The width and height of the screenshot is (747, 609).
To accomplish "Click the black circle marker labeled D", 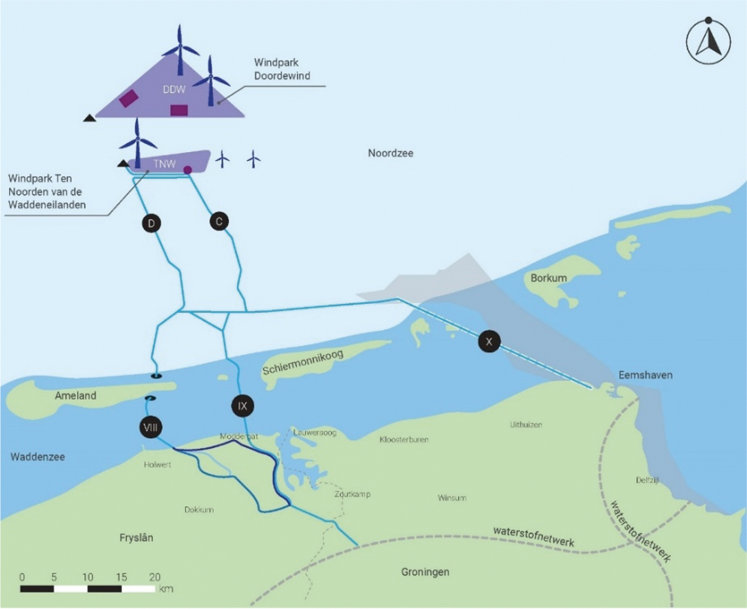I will pyautogui.click(x=152, y=223).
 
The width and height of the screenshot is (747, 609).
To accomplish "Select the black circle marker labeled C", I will pyautogui.click(x=219, y=222).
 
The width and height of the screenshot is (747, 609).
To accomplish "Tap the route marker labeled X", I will pyautogui.click(x=489, y=341).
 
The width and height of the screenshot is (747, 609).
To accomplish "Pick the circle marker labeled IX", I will pyautogui.click(x=243, y=406).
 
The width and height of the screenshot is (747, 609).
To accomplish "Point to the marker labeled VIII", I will pyautogui.click(x=150, y=427).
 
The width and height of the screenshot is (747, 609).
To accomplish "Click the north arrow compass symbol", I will pyautogui.click(x=708, y=42).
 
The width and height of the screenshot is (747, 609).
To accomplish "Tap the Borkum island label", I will pyautogui.click(x=548, y=278).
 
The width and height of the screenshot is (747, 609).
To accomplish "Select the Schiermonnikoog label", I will pyautogui.click(x=303, y=362).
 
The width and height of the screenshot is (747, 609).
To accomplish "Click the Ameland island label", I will pyautogui.click(x=76, y=395).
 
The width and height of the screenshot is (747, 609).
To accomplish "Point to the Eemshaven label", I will pyautogui.click(x=645, y=375).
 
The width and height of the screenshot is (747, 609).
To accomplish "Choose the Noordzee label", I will pyautogui.click(x=390, y=153).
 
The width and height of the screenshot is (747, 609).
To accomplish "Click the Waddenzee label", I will pyautogui.click(x=37, y=457).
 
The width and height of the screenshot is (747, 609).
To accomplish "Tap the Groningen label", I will pyautogui.click(x=425, y=572).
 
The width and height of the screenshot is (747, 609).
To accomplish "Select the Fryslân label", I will pyautogui.click(x=136, y=538).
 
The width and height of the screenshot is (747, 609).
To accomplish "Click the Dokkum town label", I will pyautogui.click(x=199, y=510).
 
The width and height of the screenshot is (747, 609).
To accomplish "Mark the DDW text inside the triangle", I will pyautogui.click(x=174, y=89).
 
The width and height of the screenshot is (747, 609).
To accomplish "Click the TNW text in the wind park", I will pyautogui.click(x=164, y=164).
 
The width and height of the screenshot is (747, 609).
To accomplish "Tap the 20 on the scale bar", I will pyautogui.click(x=155, y=577).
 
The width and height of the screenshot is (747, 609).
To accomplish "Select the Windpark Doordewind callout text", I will pyautogui.click(x=282, y=69).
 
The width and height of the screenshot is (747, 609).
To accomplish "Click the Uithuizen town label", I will pyautogui.click(x=526, y=425).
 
